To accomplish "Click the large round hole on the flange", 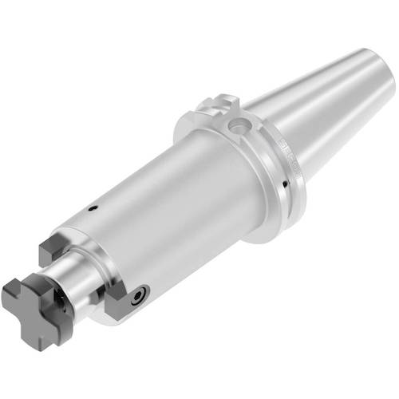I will click(x=236, y=125).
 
